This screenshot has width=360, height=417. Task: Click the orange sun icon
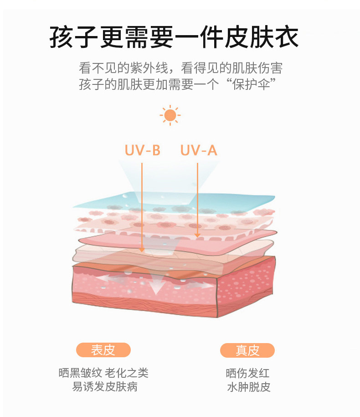click(x=170, y=115)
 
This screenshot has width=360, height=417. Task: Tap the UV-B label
click(x=143, y=150)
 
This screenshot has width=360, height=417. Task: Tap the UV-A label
click(x=199, y=150)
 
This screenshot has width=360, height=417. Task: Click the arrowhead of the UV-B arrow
click(x=142, y=249)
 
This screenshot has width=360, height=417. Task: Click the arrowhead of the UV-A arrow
click(x=197, y=235)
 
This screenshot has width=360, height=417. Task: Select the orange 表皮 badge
click(x=103, y=350)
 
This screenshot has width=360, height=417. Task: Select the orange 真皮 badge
click(x=247, y=350)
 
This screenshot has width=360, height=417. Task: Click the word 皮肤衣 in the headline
click(x=262, y=37)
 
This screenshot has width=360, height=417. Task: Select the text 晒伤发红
click(x=248, y=373)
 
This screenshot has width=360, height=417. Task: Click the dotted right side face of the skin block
click(x=246, y=287)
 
